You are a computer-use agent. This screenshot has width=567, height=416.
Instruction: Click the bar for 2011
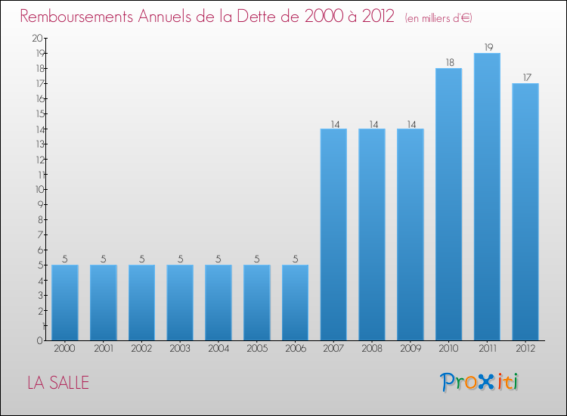tap(487, 197)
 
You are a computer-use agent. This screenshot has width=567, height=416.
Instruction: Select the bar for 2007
tap(333, 234)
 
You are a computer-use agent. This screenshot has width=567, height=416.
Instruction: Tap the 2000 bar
tap(65, 303)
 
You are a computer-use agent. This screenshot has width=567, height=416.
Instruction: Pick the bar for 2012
tap(525, 212)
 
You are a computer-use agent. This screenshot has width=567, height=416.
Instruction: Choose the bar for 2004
tap(218, 303)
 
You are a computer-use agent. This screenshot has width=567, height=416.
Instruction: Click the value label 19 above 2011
tap(487, 48)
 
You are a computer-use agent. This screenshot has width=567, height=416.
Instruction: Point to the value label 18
tap(448, 63)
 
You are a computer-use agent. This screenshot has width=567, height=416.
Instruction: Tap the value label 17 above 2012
tap(525, 78)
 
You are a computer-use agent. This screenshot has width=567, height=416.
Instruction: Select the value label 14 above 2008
tap(372, 123)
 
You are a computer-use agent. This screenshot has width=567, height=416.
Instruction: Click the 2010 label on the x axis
tap(448, 349)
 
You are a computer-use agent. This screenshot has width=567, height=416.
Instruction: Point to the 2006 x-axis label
tap(295, 349)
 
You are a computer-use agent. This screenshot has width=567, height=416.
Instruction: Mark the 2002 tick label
tap(141, 349)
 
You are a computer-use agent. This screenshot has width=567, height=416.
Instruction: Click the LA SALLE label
tap(58, 383)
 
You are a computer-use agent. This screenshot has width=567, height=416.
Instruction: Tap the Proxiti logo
tap(479, 382)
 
